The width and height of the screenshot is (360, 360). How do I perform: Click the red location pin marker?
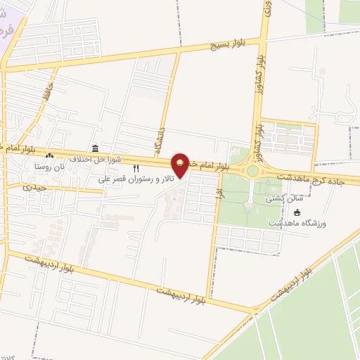(x=181, y=165)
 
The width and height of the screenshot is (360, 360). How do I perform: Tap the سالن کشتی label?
(x=278, y=200)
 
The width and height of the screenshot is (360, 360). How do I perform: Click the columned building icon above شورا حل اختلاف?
(x=94, y=148)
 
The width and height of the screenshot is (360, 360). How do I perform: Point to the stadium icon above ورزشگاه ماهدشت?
(x=297, y=212)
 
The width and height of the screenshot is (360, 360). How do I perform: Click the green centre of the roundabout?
(x=252, y=171)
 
